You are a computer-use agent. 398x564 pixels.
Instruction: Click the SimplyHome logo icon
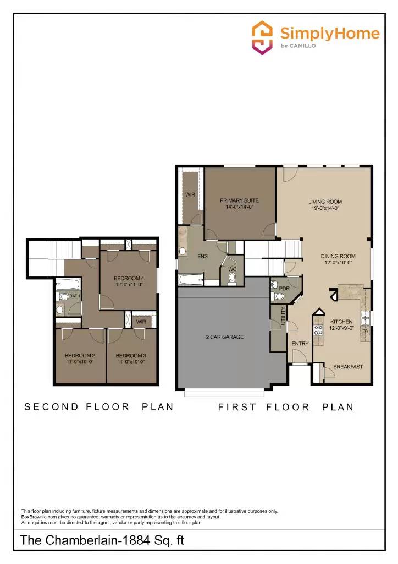tap(262, 37)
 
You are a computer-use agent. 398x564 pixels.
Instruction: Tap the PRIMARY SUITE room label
tap(239, 200)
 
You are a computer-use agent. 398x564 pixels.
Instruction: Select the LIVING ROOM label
tap(325, 202)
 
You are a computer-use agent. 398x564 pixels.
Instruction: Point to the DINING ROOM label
tap(338, 256)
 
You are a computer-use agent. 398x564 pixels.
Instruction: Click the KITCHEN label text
tap(341, 322)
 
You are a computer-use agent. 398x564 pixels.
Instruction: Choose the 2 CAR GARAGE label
tap(224, 337)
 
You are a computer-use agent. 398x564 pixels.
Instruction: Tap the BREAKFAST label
tap(348, 367)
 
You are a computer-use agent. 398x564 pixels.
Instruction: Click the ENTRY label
tap(300, 344)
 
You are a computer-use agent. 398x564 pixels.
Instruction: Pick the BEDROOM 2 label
tap(80, 355)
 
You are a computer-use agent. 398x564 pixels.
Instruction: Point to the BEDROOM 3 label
tap(131, 355)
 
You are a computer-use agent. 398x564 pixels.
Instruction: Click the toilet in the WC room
tap(232, 278)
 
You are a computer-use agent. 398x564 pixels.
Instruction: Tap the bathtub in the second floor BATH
tap(69, 285)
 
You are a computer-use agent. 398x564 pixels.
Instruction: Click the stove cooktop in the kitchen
tap(318, 330)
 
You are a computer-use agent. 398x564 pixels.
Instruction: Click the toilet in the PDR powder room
tap(278, 297)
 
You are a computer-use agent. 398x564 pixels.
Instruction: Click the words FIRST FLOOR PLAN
tap(286, 407)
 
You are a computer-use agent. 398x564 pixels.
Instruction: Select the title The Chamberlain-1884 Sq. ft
tap(102, 541)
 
